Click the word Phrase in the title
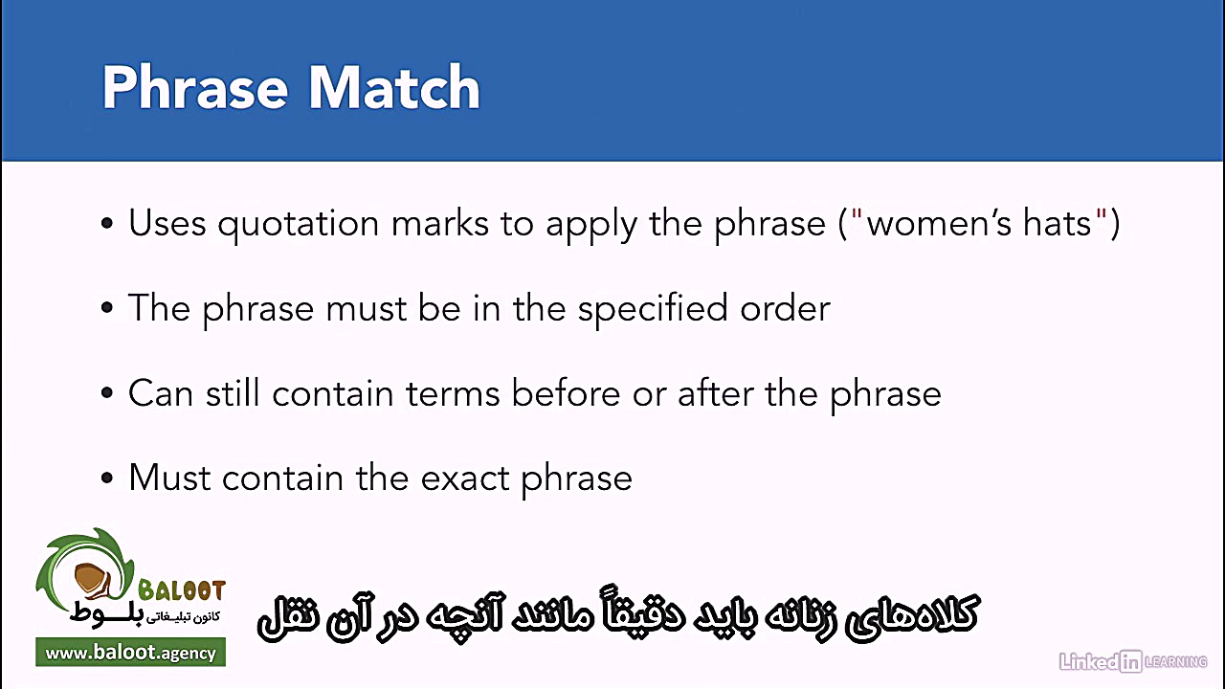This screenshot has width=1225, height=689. [x=195, y=88]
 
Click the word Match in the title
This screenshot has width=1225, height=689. [x=393, y=88]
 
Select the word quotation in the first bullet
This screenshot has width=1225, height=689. [x=299, y=224]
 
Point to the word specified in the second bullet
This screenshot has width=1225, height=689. [x=652, y=308]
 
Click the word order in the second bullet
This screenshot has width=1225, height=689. [x=785, y=308]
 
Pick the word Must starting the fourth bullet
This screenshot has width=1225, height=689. [x=169, y=478]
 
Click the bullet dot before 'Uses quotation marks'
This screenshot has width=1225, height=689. [x=107, y=225]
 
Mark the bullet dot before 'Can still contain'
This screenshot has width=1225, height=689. [x=107, y=394]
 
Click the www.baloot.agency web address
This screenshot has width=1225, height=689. [x=130, y=654]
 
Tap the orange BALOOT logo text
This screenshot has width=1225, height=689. [x=181, y=590]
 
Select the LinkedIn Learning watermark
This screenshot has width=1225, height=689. [x=1132, y=661]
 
